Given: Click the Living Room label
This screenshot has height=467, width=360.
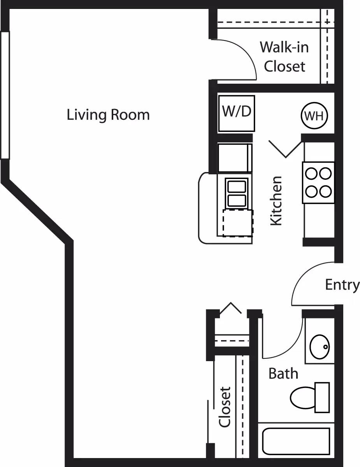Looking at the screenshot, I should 108,115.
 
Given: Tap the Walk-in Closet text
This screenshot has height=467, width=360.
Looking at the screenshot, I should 284,57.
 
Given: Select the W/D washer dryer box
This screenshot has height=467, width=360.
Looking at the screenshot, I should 237,113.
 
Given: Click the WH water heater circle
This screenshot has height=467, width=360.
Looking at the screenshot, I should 314,116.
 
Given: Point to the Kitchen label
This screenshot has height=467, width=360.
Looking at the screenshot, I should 276,201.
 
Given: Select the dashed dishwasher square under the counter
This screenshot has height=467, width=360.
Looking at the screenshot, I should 237,223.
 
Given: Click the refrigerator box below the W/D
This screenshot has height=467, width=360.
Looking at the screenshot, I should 234,158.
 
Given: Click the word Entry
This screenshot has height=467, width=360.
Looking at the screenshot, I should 342,284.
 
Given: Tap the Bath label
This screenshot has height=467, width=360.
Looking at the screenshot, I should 283,374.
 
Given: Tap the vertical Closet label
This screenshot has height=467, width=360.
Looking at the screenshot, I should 225,407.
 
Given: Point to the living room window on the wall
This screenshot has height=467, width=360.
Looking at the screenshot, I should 5,95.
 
